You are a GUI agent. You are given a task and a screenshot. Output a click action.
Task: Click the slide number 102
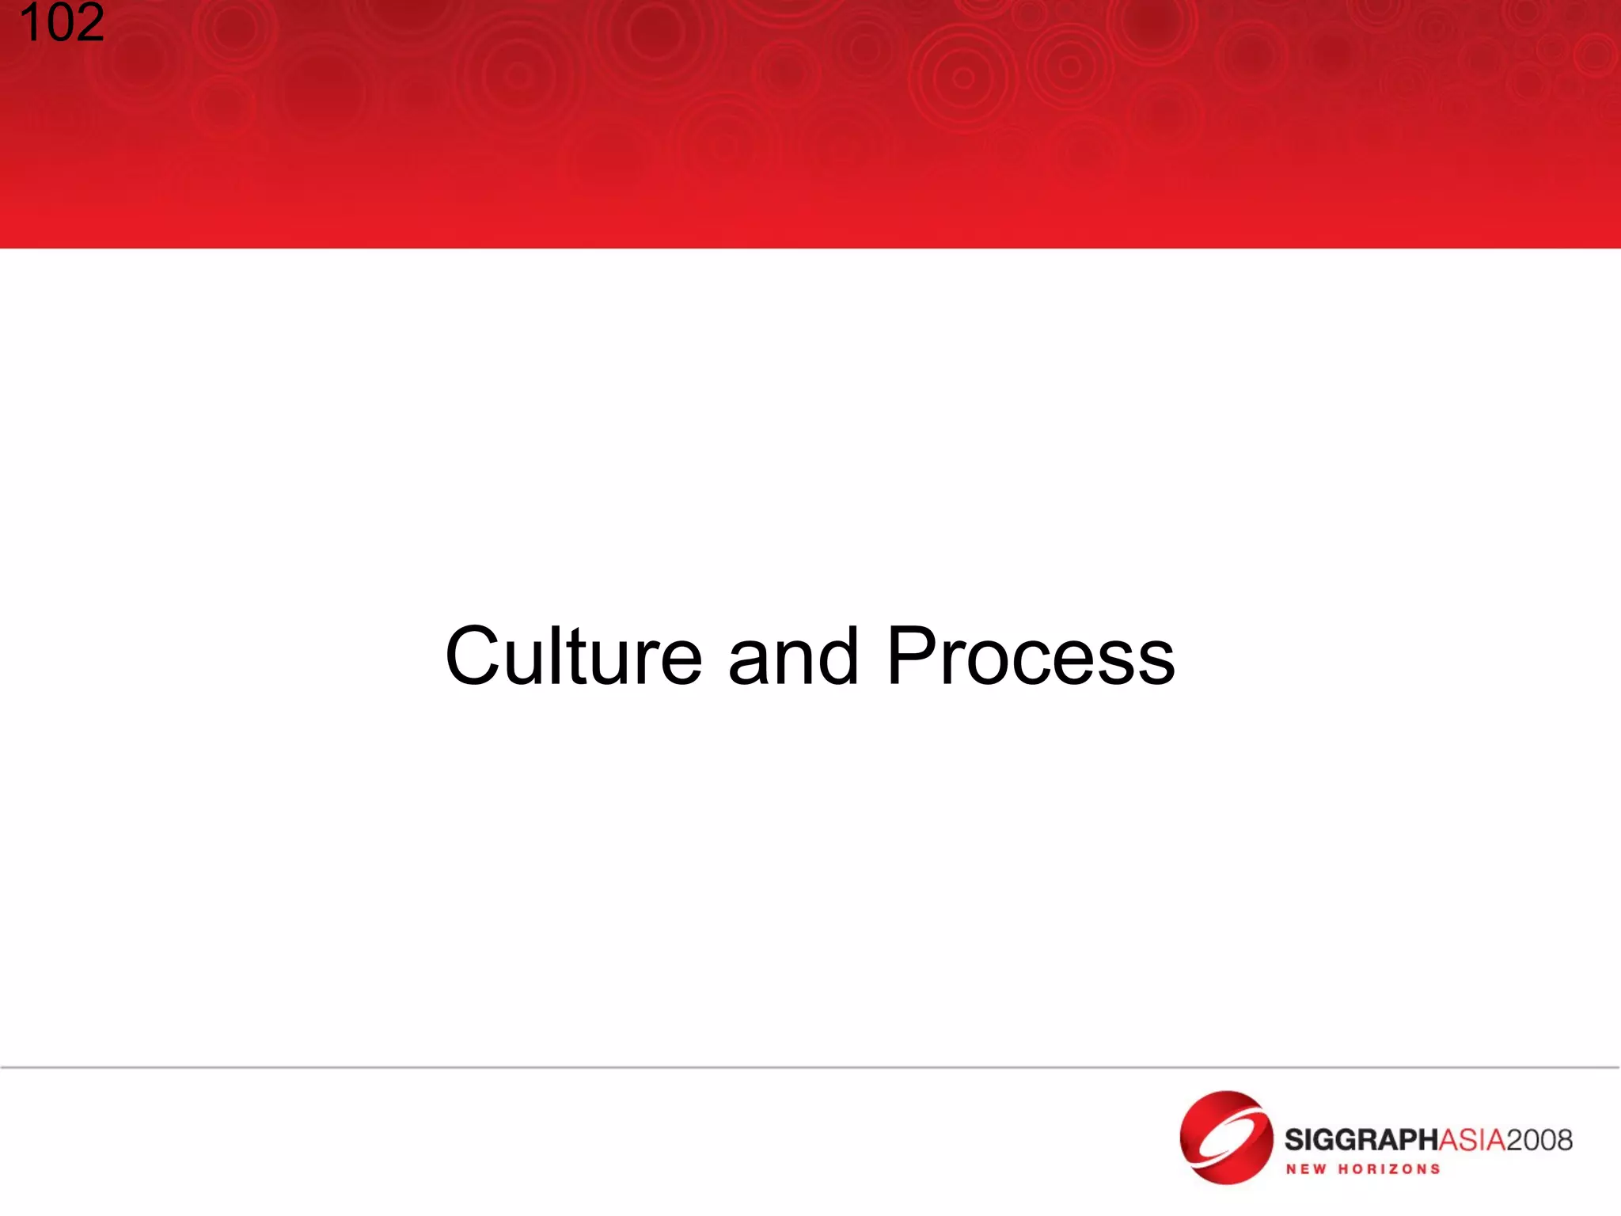[x=62, y=24]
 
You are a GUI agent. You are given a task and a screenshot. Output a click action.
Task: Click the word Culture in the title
[x=574, y=656]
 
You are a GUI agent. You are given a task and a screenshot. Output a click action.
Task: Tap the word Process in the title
[x=1031, y=656]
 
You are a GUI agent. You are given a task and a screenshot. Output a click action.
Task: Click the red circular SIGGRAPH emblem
[x=1225, y=1138]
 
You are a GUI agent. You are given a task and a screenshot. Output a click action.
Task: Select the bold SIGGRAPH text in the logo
[x=1360, y=1140]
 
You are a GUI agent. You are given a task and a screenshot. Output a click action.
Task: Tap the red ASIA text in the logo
[x=1471, y=1140]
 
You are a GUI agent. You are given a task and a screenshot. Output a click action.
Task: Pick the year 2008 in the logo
[x=1539, y=1140]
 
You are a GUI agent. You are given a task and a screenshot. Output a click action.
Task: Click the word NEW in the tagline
[x=1306, y=1169]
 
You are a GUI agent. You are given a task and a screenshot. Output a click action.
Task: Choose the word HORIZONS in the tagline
[x=1389, y=1169]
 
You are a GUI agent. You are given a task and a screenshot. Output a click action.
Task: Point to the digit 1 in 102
[x=30, y=24]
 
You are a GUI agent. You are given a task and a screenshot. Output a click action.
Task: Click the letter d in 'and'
[x=837, y=656]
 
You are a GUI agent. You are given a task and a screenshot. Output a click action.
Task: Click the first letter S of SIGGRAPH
[x=1295, y=1140]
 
